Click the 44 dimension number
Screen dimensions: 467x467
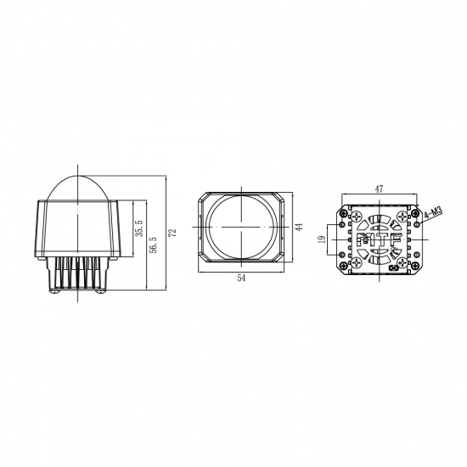point(299,228)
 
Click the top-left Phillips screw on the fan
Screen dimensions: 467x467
point(357,216)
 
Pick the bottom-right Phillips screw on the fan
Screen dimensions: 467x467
point(402,263)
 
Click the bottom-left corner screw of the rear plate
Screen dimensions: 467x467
point(344,269)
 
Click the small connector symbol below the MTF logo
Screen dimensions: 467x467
point(392,269)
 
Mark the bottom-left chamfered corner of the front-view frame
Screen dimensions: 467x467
point(202,256)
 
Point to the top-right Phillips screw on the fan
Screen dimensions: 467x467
point(402,216)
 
